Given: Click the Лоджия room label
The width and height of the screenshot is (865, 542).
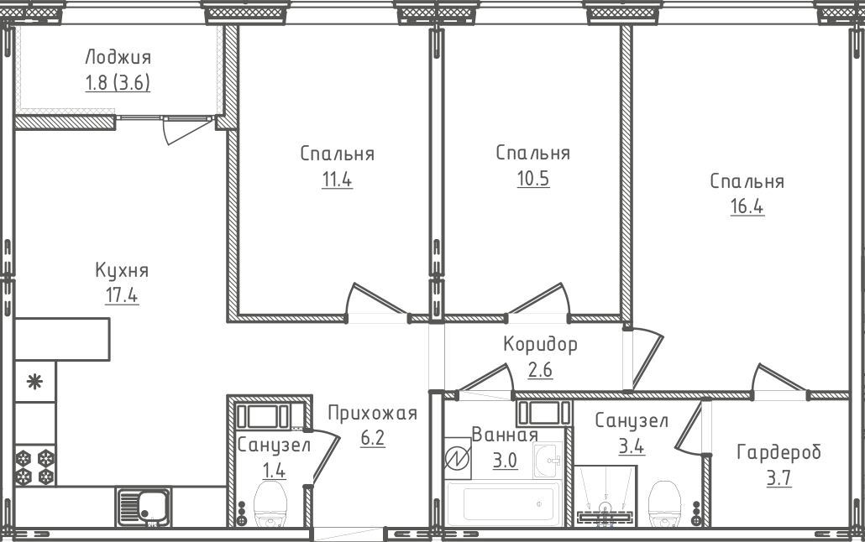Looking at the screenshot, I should [x=118, y=57].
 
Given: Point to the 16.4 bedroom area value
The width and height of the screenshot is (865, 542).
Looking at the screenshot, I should [x=747, y=206].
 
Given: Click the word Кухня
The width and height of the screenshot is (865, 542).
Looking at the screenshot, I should [x=122, y=271].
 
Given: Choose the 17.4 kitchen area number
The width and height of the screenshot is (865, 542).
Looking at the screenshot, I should [x=122, y=296].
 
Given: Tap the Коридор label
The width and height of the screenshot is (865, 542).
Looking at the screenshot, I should [x=540, y=344].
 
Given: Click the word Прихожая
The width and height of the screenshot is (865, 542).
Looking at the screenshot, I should [x=372, y=413].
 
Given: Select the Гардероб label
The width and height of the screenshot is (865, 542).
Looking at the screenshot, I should [x=778, y=453].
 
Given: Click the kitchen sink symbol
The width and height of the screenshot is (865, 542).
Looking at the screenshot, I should [x=143, y=506].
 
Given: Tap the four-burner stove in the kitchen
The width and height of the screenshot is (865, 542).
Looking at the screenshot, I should [x=34, y=467].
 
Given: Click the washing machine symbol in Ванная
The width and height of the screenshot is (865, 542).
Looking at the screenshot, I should [x=458, y=459].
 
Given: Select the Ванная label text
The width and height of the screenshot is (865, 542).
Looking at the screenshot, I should [x=504, y=435].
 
